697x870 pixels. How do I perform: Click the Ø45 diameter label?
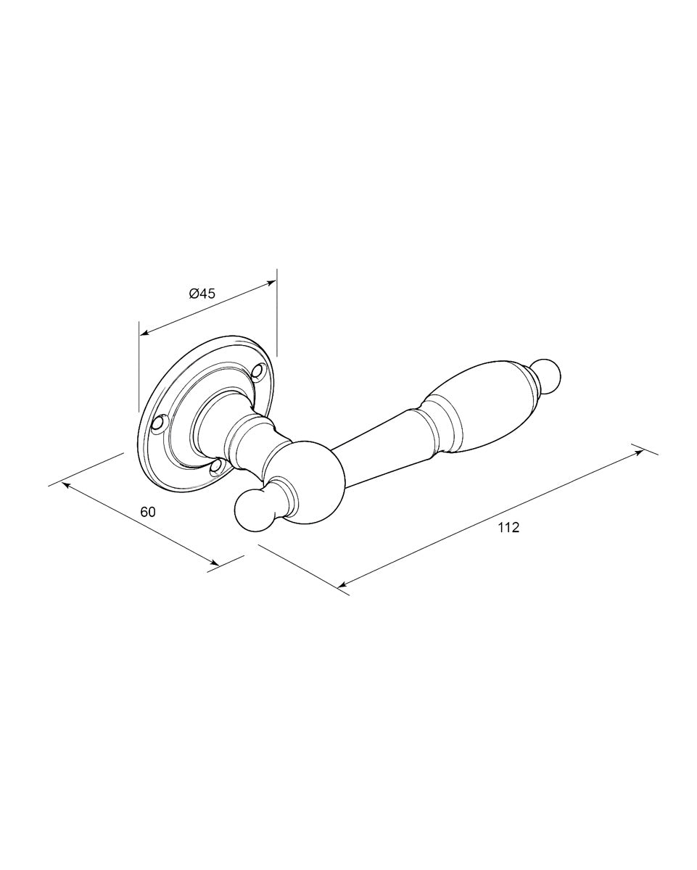coord(202,293)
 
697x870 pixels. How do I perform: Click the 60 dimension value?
coord(148,512)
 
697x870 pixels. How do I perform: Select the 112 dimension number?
coord(508,527)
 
